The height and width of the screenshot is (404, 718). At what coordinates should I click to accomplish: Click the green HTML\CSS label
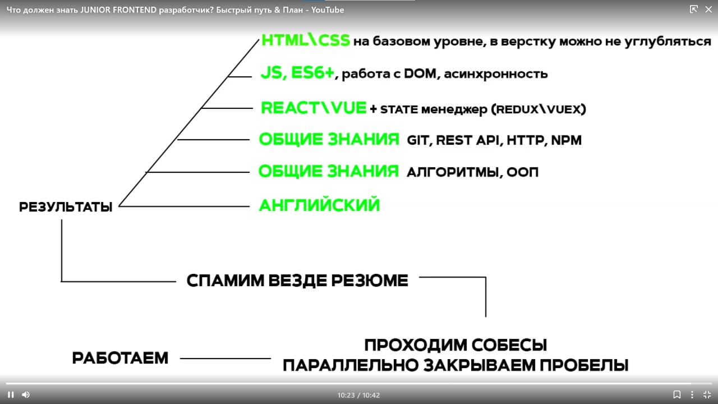point(306,40)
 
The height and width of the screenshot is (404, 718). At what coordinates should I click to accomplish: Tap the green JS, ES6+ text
point(297,72)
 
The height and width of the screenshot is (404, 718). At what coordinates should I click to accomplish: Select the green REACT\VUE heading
point(314,108)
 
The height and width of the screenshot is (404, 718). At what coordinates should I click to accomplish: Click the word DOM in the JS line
point(420,74)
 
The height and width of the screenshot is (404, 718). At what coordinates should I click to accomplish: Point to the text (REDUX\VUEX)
point(538,109)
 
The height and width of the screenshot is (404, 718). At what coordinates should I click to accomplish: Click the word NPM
point(566,140)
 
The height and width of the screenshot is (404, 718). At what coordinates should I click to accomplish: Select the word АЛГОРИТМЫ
point(453,172)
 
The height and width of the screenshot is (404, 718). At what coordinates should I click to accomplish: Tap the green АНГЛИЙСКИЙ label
point(319,205)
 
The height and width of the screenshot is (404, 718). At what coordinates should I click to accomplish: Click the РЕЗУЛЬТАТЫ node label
point(66,207)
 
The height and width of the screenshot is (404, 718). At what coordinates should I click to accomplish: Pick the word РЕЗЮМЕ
point(370,281)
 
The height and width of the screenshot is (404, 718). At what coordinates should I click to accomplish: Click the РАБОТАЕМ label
point(120,358)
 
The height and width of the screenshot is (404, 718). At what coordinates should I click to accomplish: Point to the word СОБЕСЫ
point(509,345)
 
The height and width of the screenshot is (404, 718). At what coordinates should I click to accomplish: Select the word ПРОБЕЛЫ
point(584,365)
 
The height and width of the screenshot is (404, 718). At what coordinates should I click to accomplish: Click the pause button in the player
point(11,394)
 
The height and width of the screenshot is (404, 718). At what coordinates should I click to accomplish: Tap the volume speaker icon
point(26,394)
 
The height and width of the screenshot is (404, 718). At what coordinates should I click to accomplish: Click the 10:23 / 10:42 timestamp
point(358,395)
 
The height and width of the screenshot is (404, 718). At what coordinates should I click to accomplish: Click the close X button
point(708,10)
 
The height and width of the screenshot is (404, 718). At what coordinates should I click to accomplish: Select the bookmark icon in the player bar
point(676,394)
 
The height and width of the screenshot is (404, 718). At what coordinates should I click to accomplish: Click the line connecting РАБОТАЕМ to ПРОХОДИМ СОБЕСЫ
point(225,359)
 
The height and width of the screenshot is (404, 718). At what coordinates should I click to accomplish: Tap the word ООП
point(522,172)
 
